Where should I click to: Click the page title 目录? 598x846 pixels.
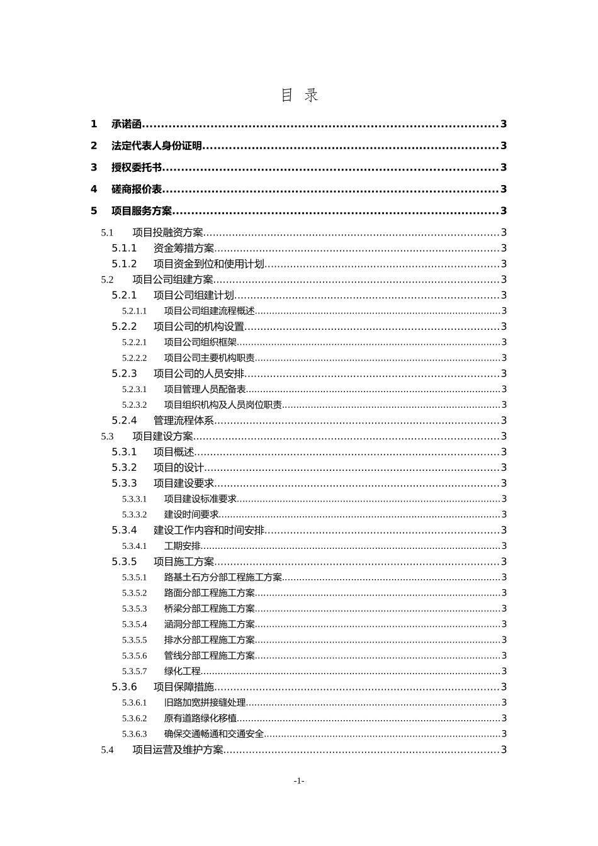click(x=299, y=95)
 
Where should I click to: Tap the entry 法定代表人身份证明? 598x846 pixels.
click(x=157, y=146)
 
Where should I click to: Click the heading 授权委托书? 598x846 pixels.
click(x=137, y=167)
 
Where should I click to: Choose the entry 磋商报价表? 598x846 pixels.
click(x=137, y=189)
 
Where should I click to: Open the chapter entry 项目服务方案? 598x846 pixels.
click(x=142, y=211)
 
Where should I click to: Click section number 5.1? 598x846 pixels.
click(x=107, y=233)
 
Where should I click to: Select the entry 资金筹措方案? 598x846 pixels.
click(x=184, y=249)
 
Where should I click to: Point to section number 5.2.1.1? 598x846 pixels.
click(x=134, y=311)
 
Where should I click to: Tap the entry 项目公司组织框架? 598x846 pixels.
click(x=200, y=342)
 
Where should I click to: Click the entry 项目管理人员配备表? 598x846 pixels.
click(x=205, y=390)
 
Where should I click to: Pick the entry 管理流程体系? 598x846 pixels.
click(x=184, y=420)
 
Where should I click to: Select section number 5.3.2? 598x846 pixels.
click(x=124, y=468)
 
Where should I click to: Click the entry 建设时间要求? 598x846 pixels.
click(x=191, y=515)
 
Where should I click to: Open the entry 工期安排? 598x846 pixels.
click(x=183, y=546)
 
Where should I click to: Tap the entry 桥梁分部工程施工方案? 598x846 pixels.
click(x=210, y=609)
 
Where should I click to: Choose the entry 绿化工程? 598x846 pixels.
click(x=183, y=672)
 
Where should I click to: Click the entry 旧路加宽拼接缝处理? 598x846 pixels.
click(x=205, y=703)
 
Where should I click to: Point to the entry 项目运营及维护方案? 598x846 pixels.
click(x=178, y=750)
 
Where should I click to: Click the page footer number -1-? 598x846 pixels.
click(x=299, y=781)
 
